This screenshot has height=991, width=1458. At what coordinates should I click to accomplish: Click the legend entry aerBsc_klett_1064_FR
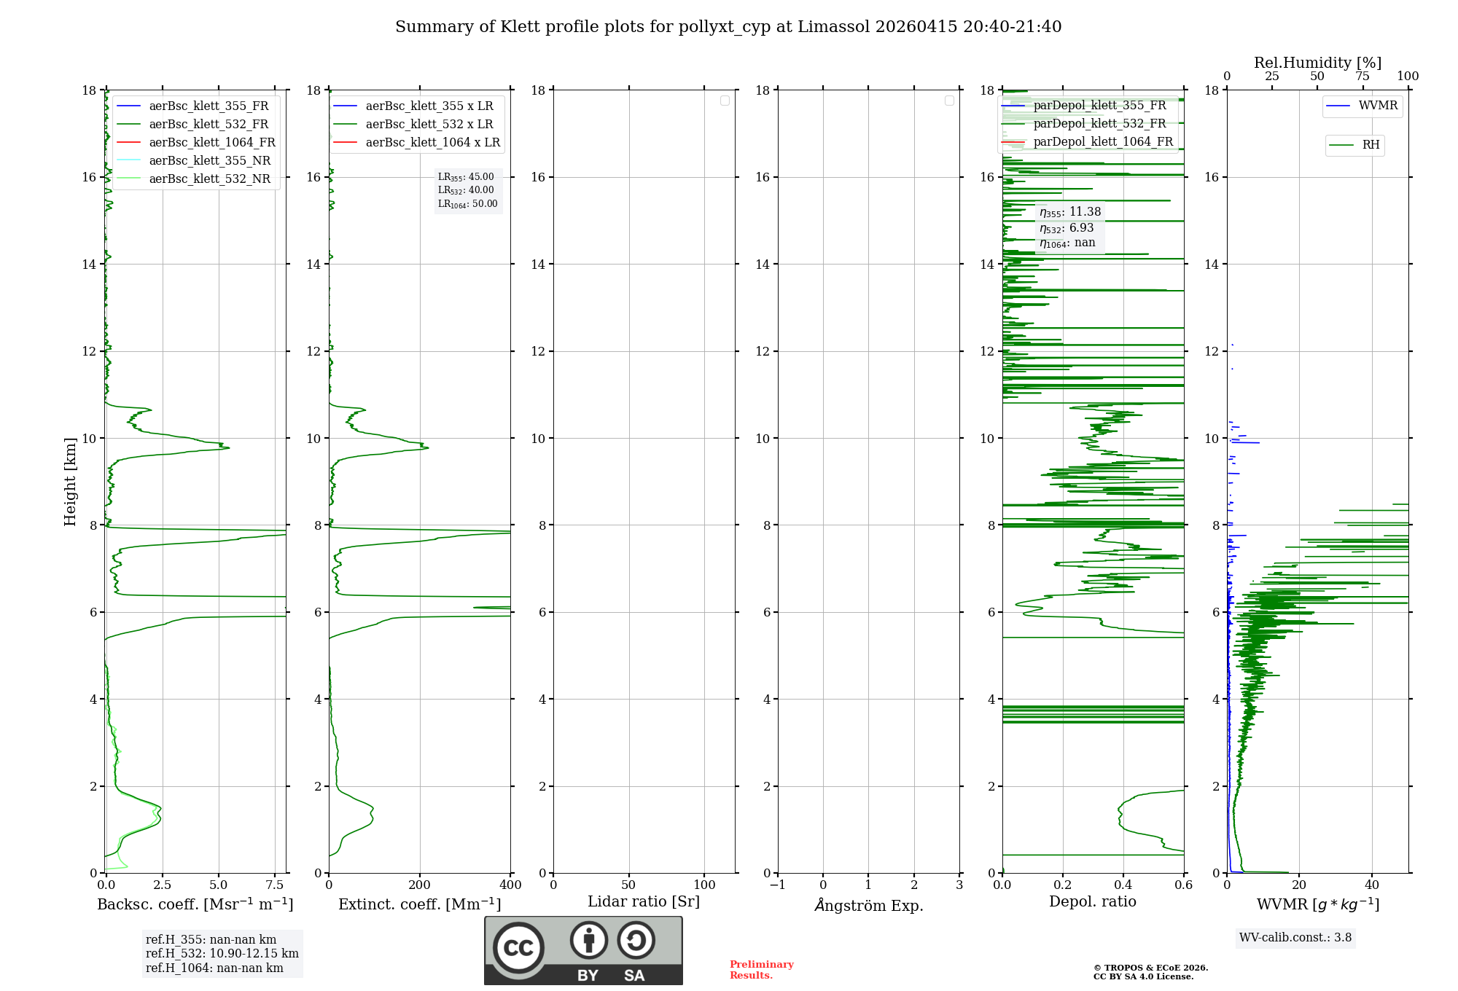[x=211, y=142]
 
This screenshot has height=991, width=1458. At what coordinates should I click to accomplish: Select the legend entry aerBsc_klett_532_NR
[x=209, y=179]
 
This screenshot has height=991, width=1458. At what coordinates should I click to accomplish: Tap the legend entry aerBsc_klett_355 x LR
[x=429, y=106]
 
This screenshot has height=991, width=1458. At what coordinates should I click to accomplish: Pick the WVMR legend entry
[x=1377, y=106]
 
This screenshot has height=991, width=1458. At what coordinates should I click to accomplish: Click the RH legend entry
[x=1370, y=145]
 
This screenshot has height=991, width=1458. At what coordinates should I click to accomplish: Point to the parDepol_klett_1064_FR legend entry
[x=1102, y=141]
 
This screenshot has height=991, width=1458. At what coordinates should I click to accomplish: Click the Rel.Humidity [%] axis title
[x=1317, y=63]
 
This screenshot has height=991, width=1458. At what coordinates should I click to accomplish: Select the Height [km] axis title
[x=70, y=481]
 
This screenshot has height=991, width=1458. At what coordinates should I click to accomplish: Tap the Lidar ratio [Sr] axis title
[x=644, y=901]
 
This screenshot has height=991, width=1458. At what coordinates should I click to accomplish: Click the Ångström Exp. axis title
[x=868, y=905]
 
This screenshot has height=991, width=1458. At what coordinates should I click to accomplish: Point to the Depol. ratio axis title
[x=1092, y=901]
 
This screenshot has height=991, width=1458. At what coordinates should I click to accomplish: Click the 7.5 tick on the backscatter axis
[x=275, y=885]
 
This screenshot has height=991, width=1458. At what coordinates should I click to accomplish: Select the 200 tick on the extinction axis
[x=420, y=885]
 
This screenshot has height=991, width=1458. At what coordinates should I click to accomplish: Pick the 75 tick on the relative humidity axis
[x=1362, y=77]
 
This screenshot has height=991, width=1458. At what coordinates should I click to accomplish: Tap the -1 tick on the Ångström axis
[x=777, y=885]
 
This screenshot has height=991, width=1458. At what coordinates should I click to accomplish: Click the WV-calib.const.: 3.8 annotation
[x=1295, y=937]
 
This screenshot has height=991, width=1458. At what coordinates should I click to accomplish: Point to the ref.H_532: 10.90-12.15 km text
[x=222, y=953]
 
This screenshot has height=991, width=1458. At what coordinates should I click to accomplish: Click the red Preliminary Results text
[x=761, y=969]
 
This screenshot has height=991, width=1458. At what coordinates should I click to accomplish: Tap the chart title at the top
[x=728, y=27]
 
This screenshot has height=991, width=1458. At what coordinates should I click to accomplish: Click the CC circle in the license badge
[x=518, y=948]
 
